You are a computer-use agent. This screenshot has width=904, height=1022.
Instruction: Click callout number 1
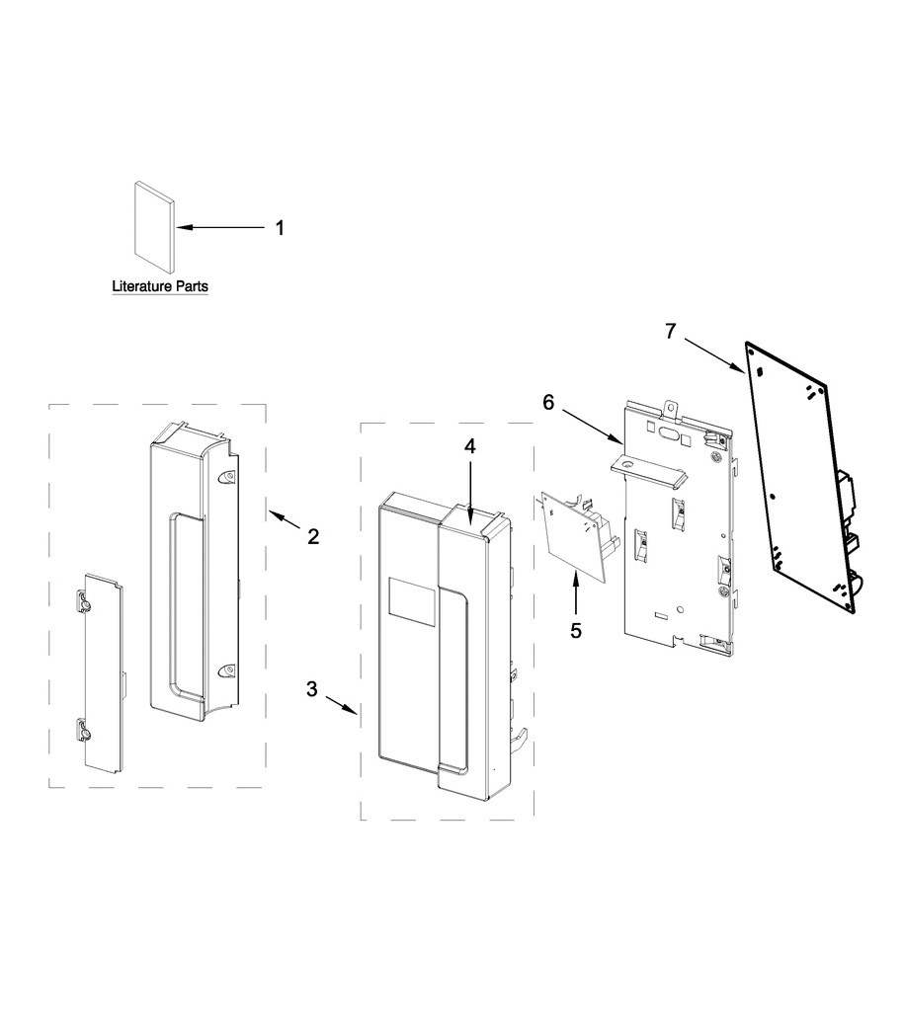279,228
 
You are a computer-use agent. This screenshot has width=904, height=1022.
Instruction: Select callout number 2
313,537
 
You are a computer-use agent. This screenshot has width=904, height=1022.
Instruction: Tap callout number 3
312,689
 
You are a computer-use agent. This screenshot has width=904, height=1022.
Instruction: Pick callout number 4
470,446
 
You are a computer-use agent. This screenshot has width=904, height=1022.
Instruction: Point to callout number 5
577,628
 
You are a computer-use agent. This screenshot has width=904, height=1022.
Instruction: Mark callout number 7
671,331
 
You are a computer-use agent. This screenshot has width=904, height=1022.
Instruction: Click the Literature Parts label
160,287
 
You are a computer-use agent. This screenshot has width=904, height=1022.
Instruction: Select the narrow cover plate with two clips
102,668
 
